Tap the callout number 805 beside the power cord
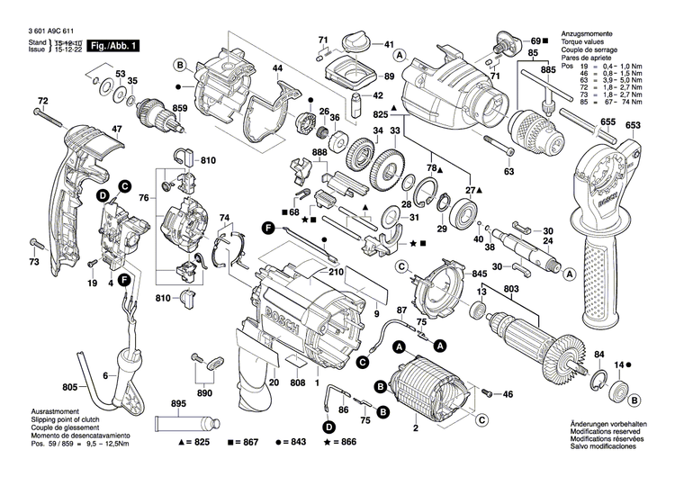click(69, 388)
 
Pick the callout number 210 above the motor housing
click(336, 271)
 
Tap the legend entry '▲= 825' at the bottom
click(193, 444)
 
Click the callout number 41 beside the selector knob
click(389, 45)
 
